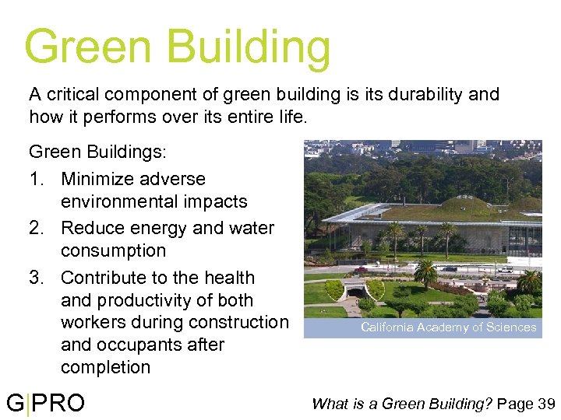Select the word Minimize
tap(100, 179)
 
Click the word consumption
tap(113, 250)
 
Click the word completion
tap(105, 367)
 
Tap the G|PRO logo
tap(45, 403)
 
